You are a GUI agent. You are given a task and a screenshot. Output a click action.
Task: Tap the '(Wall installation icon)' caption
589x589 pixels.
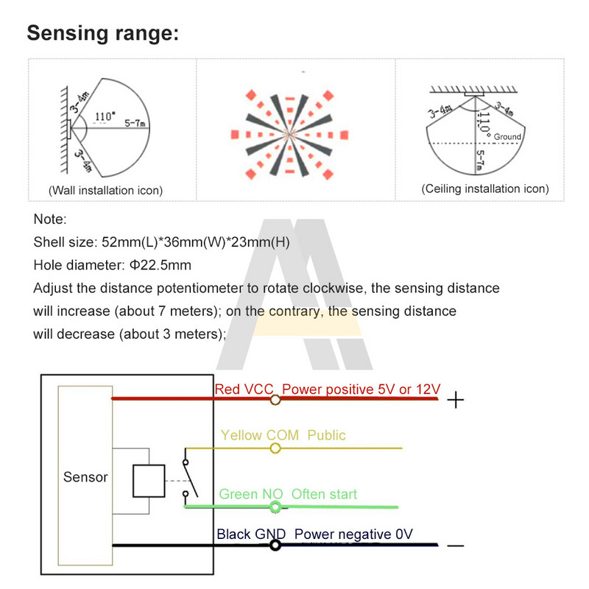click(x=105, y=191)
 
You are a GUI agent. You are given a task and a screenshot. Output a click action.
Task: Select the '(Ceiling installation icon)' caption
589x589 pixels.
click(x=485, y=188)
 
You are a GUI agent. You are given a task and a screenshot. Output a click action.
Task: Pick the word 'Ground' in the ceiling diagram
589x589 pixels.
click(x=507, y=137)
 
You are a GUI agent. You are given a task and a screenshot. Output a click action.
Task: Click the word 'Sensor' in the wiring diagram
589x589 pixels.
click(x=85, y=477)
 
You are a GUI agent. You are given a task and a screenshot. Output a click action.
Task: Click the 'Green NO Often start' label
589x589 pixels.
click(x=288, y=493)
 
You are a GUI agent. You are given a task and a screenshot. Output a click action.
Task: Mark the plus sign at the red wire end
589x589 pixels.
click(x=456, y=401)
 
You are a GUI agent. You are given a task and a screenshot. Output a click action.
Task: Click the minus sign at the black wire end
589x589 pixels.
click(x=456, y=546)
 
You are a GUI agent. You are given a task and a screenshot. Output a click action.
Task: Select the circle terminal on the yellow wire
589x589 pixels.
click(x=275, y=448)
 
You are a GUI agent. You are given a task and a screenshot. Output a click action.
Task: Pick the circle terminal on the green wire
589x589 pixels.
click(x=275, y=507)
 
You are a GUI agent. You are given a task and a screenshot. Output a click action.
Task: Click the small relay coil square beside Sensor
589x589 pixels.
click(x=147, y=481)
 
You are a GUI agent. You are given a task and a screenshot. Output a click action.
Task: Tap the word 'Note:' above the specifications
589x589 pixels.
click(x=50, y=219)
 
